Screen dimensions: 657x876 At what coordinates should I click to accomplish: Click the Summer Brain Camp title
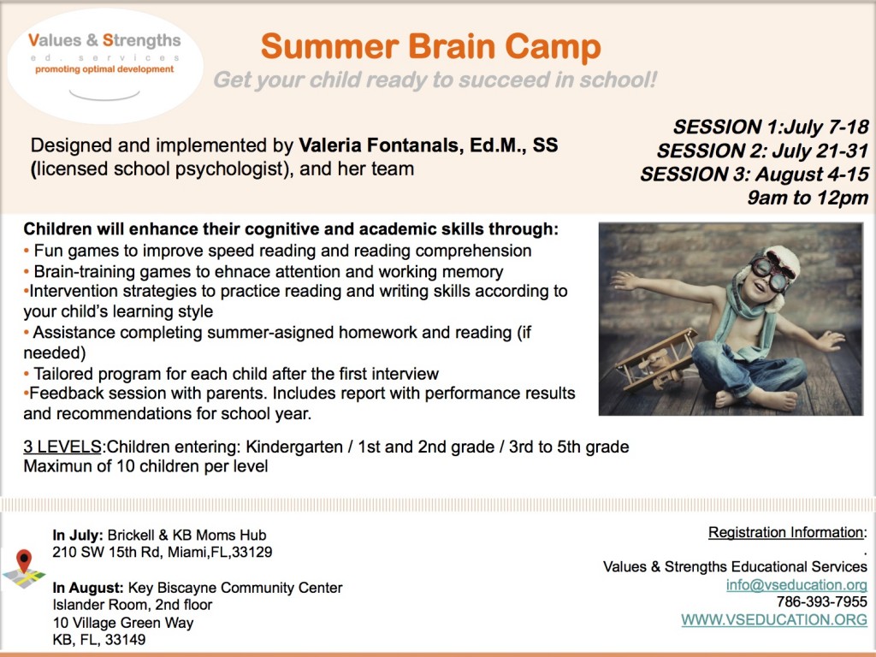(430, 46)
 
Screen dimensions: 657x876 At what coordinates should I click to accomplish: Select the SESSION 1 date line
(771, 127)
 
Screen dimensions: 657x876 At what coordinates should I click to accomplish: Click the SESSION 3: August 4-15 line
(755, 175)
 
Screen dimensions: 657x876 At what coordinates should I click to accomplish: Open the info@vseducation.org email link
(796, 585)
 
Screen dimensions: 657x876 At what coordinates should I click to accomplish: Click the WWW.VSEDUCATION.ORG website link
(773, 619)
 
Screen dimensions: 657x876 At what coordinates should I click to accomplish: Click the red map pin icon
(24, 562)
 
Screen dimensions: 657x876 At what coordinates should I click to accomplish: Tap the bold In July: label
(79, 536)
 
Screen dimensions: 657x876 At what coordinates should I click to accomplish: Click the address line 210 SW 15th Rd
(163, 552)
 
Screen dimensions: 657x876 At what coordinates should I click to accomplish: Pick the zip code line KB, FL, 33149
(98, 639)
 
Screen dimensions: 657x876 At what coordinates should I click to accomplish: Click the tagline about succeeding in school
(435, 80)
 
